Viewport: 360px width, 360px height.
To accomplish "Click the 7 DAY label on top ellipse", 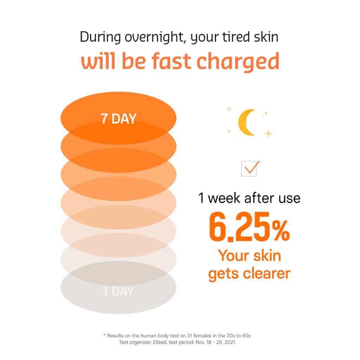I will pyautogui.click(x=118, y=119).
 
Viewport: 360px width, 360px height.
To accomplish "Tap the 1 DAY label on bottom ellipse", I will pyautogui.click(x=118, y=291).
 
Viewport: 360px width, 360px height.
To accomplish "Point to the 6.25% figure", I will pyautogui.click(x=249, y=226).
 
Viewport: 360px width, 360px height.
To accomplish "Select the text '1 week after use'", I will pyautogui.click(x=249, y=198).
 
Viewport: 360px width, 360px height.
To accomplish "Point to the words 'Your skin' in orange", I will pyautogui.click(x=250, y=256).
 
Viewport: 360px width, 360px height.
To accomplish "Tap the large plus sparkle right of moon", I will pyautogui.click(x=268, y=134).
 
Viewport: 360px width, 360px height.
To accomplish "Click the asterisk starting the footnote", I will pyautogui.click(x=104, y=335).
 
